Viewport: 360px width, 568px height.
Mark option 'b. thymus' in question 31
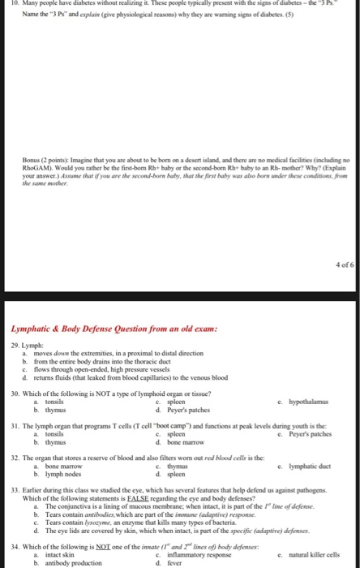47,442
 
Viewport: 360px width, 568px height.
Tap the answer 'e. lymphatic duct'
306,467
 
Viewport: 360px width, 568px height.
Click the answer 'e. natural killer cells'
308,555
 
